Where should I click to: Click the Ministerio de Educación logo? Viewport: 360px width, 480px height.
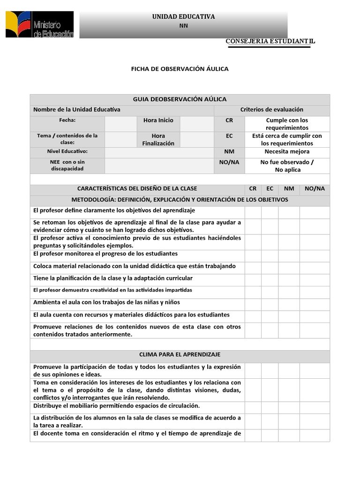(40, 24)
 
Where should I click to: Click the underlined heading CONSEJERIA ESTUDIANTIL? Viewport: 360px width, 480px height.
(270, 41)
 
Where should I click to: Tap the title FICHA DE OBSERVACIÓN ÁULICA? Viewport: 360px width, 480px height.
(180, 69)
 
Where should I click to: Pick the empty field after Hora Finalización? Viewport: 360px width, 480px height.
(197, 140)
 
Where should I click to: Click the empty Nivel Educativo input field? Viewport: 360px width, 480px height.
(159, 153)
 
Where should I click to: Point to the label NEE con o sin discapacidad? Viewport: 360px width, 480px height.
(67, 165)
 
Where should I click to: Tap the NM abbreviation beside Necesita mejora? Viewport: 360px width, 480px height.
(229, 152)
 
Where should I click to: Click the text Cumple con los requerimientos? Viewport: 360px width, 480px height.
(287, 124)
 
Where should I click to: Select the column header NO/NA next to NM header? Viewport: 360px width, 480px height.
(315, 188)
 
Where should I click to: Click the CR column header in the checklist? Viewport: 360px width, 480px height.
(253, 188)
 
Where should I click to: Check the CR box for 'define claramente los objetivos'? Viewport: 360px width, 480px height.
(253, 212)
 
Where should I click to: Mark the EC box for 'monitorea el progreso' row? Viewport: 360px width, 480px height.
(270, 256)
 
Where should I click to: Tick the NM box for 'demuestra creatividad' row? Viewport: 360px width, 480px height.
(289, 292)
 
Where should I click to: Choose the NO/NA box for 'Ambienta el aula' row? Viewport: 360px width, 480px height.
(315, 304)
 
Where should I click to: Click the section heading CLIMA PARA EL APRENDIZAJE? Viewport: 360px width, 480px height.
(180, 355)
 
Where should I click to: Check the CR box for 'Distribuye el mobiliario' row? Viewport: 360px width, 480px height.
(253, 407)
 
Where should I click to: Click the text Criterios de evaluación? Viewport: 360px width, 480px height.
(272, 110)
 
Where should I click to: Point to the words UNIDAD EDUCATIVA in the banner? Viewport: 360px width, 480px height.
(183, 17)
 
